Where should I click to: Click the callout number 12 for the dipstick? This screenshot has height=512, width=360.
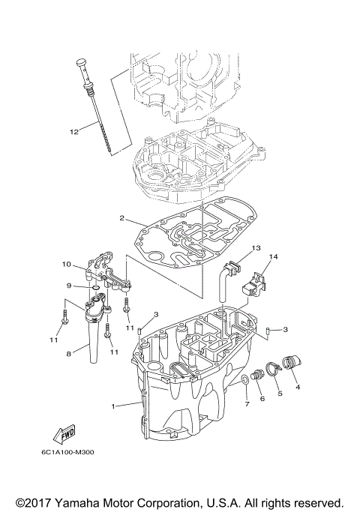(x=74, y=131)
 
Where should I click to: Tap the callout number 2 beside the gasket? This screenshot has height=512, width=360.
(x=121, y=219)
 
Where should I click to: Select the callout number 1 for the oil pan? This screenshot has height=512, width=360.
(x=113, y=406)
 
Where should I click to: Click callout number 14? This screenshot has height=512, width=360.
(x=274, y=257)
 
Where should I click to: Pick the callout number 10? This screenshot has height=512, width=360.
(x=66, y=265)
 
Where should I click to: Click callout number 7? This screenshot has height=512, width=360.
(x=245, y=405)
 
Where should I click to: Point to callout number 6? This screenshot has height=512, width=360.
(x=262, y=399)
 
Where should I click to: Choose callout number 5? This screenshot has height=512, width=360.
(x=280, y=393)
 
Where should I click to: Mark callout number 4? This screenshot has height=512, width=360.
(x=298, y=388)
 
